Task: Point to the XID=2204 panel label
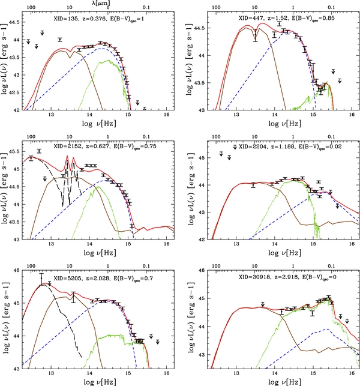click(x=253, y=146)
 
